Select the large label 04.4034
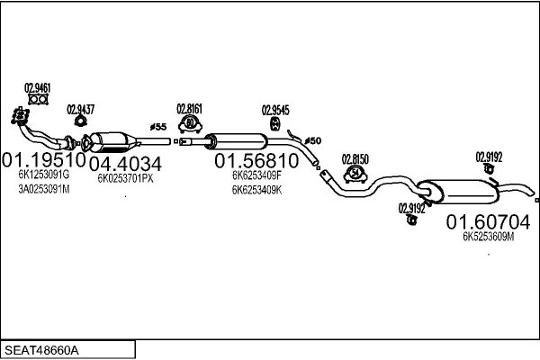tap(125, 164)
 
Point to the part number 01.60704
tap(489, 221)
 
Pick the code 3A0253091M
tap(43, 190)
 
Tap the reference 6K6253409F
tap(256, 177)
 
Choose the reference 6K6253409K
tap(256, 190)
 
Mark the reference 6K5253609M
tap(488, 237)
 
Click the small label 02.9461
tap(37, 88)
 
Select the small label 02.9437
tap(80, 109)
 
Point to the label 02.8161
tap(189, 105)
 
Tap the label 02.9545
tap(274, 111)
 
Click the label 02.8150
tap(355, 157)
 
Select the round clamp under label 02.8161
tap(190, 122)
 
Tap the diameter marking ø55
tap(158, 127)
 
